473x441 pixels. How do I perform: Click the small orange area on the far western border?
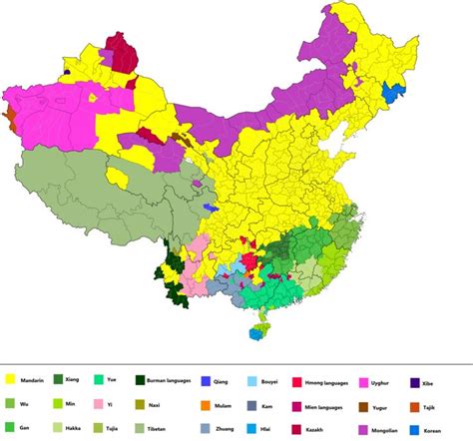8,118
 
